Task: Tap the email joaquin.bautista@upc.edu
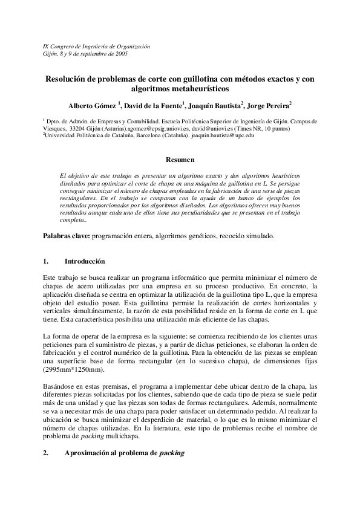click(221, 136)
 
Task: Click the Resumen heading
click(180, 160)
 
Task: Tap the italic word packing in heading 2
click(171, 453)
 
